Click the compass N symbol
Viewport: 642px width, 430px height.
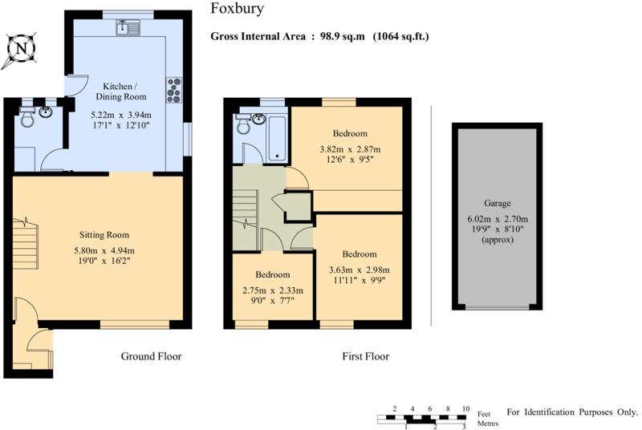pos(21,50)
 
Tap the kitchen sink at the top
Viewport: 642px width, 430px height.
pos(128,28)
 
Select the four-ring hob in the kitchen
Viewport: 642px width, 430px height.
pos(173,90)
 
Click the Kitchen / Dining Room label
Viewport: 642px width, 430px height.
pos(120,91)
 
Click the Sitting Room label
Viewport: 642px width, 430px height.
pos(104,235)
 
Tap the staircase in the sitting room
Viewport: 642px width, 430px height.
pos(25,243)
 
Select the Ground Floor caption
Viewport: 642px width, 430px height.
pos(151,356)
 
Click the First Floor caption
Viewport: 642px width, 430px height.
pos(366,356)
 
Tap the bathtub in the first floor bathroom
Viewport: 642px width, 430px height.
pos(277,137)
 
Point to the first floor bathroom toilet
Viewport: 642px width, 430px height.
pos(243,124)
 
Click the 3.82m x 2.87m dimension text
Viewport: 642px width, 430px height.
pos(350,149)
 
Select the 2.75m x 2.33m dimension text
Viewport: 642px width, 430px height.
pos(273,291)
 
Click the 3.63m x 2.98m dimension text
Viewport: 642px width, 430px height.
pos(359,270)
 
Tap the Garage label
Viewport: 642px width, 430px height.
pos(498,203)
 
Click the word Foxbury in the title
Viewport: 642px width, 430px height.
pos(237,9)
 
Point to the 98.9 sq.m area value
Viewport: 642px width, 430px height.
pos(343,36)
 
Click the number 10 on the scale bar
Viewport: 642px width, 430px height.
pos(465,408)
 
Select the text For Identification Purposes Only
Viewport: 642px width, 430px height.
pos(572,412)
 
